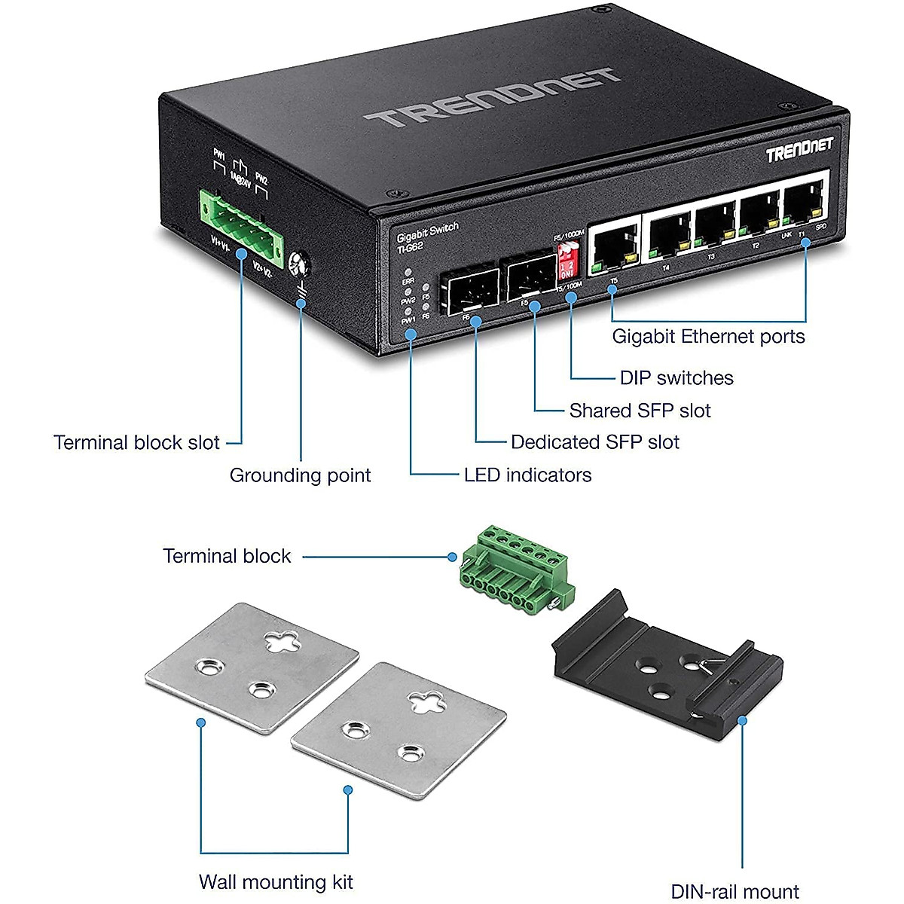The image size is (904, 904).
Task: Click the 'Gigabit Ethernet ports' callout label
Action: click(708, 337)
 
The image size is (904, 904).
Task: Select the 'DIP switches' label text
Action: click(676, 378)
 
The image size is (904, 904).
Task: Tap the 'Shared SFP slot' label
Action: click(640, 411)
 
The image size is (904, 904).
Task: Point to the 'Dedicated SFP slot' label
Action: click(594, 442)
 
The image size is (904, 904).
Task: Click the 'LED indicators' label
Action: click(527, 475)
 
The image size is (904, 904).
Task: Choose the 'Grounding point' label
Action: click(300, 475)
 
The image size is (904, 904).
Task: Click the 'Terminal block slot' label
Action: click(136, 442)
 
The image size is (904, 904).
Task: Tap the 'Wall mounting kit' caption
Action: click(276, 882)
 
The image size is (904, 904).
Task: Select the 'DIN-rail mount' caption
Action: click(734, 892)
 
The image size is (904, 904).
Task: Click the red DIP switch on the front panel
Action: click(567, 261)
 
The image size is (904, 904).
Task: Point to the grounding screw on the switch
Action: click(299, 263)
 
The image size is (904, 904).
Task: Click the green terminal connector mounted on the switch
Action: click(241, 221)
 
